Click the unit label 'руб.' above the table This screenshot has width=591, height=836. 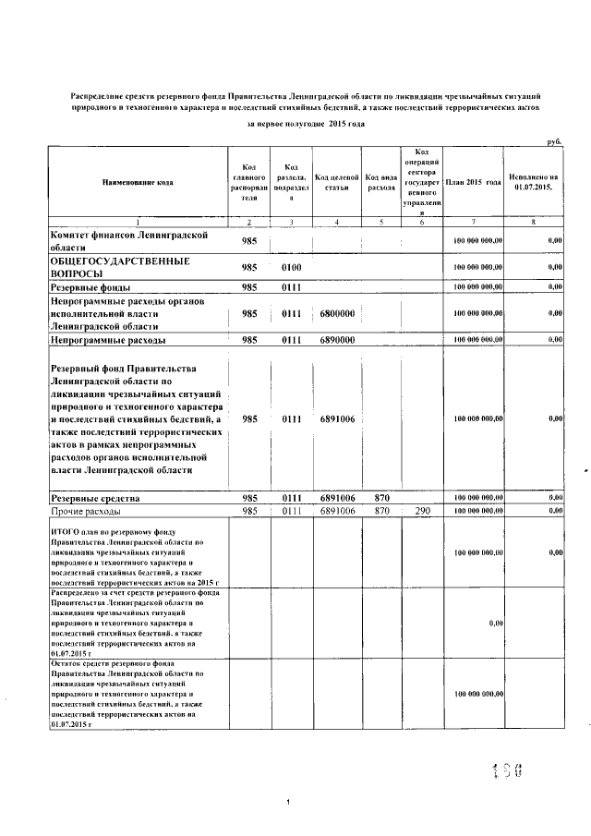click(x=553, y=141)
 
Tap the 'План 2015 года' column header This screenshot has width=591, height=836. click(x=473, y=181)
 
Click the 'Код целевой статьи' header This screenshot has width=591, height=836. click(x=335, y=181)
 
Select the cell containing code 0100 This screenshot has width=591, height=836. click(x=293, y=267)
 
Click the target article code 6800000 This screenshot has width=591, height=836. click(x=337, y=314)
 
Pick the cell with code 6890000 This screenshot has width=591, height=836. click(x=337, y=341)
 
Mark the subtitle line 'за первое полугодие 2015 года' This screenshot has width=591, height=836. click(x=306, y=124)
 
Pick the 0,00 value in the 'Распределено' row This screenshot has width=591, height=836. click(x=495, y=624)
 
